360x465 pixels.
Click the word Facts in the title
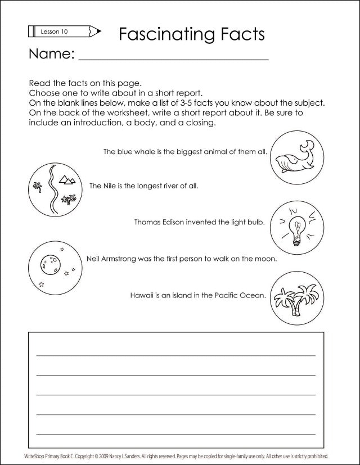[x=238, y=34]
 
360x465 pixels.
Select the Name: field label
[x=51, y=54]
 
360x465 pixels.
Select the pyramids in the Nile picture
[x=67, y=179]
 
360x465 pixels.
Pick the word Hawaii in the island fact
[x=142, y=295]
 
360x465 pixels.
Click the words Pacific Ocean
[x=240, y=295]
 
